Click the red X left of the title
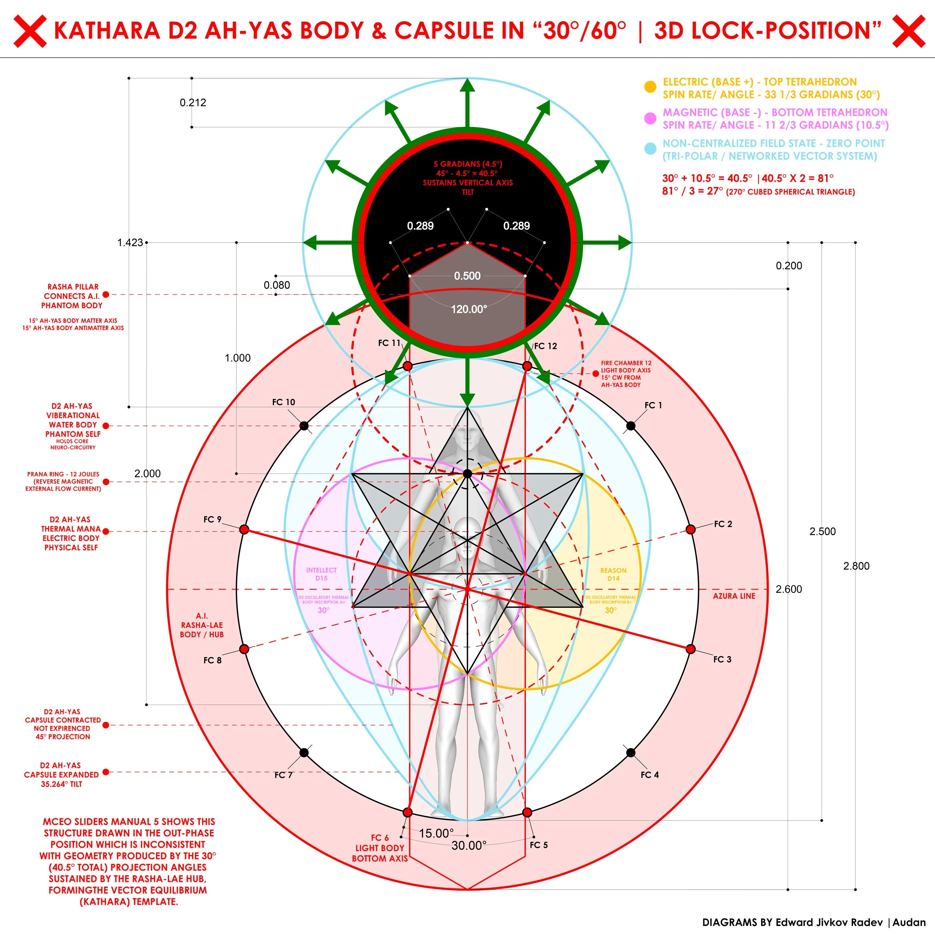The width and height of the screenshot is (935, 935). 30,31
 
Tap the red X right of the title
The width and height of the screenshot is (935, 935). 908,31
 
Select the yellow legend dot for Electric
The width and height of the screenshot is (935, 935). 650,87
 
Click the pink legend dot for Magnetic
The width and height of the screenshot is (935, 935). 650,118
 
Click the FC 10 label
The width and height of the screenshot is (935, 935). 283,402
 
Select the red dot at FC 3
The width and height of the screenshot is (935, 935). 691,649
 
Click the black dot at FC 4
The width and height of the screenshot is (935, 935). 631,752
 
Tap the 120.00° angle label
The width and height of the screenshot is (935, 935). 469,309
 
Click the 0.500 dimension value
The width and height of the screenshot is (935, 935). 467,276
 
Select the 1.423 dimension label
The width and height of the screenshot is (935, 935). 130,242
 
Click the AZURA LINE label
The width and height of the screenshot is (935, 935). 734,596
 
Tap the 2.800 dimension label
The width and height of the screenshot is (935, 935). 856,566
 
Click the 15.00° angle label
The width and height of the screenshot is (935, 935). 436,833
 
